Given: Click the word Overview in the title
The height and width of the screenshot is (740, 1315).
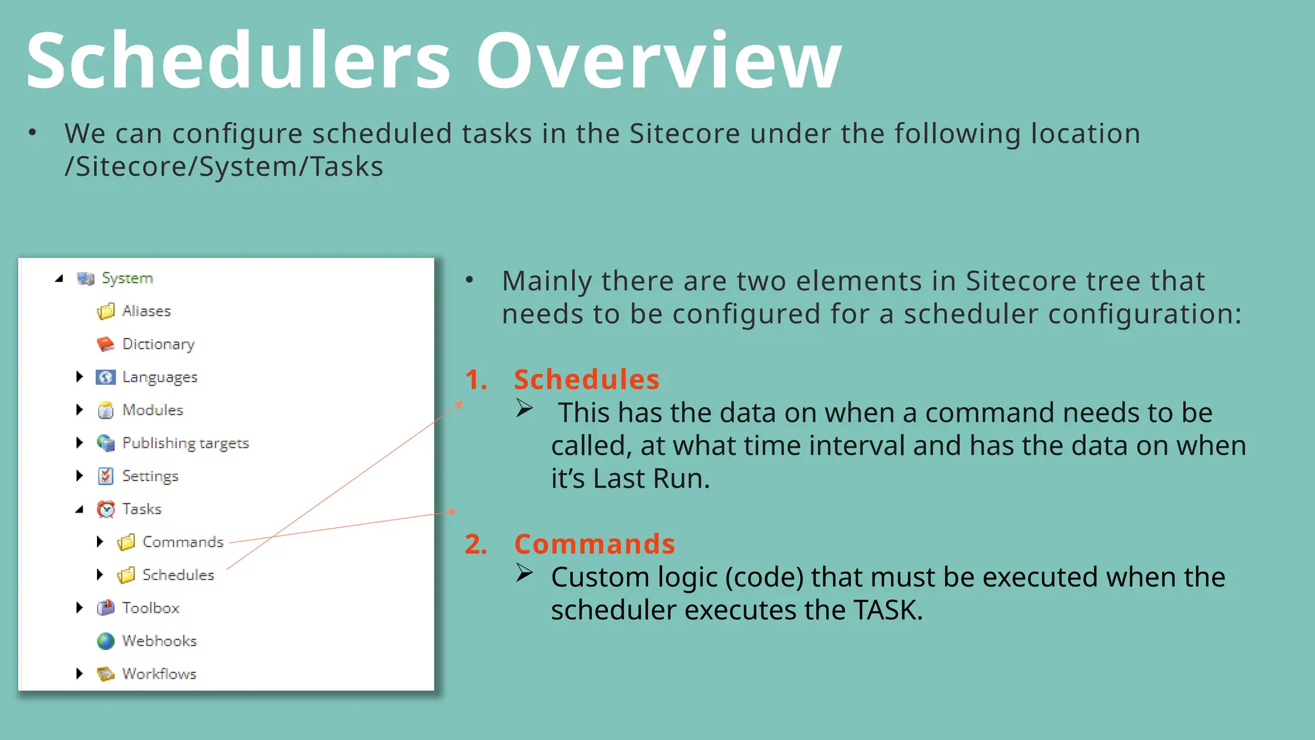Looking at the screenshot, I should pos(658,61).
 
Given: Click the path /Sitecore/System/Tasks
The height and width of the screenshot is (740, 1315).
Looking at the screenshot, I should pos(223,167).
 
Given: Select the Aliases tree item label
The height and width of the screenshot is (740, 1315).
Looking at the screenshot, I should pos(146,311).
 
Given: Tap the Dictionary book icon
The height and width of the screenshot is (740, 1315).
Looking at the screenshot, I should pos(105,344).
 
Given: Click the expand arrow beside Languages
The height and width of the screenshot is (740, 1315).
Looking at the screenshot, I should pos(80,376).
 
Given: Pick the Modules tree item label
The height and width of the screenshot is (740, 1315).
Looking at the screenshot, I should pos(153,410).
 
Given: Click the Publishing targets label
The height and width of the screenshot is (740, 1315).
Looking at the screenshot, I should pos(186,443).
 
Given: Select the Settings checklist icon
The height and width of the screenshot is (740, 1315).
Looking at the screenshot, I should pos(105,476).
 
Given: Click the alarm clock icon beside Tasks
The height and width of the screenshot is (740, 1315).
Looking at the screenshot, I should pos(105,509).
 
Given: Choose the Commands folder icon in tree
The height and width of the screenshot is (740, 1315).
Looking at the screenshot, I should pos(126,542).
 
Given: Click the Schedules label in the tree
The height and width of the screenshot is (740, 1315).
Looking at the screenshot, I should pos(178,575).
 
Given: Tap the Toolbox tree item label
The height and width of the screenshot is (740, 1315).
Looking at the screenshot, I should pos(151,608).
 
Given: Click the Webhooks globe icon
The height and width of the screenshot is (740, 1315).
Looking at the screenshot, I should pos(105,641).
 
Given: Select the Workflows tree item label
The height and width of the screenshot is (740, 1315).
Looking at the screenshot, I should pos(159,674).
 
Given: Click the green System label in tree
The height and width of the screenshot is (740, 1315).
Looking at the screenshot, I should pos(127,278).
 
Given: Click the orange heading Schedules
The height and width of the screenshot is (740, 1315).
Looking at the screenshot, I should pos(586,380).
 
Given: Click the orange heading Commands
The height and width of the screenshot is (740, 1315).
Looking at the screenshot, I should pos(594,544).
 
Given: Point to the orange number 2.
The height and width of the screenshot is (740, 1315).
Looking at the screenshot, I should pos(475,544).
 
